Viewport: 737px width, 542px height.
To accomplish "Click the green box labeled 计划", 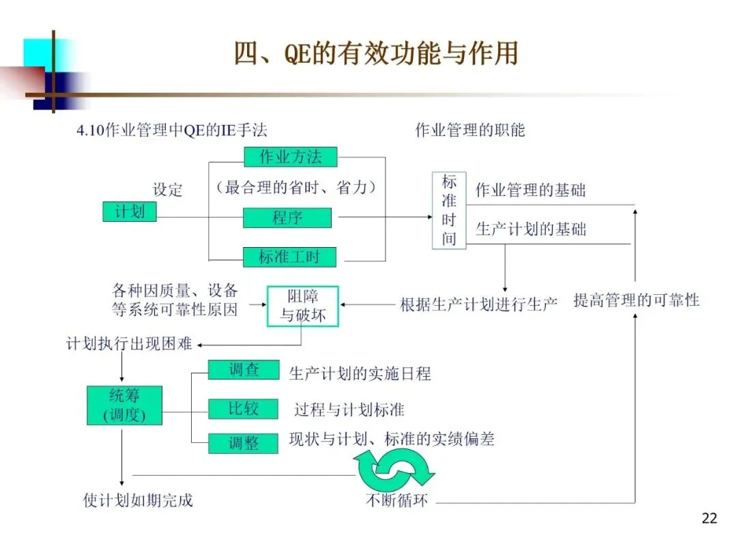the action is [x=129, y=212].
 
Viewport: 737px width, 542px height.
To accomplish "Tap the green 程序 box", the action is [x=287, y=218].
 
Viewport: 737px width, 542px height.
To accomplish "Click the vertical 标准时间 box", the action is [x=449, y=210].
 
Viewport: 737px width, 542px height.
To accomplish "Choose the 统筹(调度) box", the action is [x=124, y=405].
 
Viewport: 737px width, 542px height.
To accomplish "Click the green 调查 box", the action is [x=244, y=370].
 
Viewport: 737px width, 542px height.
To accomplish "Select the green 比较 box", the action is [x=244, y=409].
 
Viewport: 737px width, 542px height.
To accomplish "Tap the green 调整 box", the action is [x=244, y=443].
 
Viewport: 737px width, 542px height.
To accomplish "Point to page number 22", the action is [x=709, y=519].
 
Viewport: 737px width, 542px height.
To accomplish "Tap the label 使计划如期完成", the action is [x=138, y=500].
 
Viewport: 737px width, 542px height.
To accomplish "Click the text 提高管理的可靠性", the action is [x=636, y=300].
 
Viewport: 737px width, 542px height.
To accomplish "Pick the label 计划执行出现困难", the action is [x=129, y=343].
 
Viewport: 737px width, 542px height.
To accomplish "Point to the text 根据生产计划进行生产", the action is [x=478, y=304].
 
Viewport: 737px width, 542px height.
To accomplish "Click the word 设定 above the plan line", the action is [x=168, y=190].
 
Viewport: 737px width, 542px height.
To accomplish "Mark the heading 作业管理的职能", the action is [x=470, y=130].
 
